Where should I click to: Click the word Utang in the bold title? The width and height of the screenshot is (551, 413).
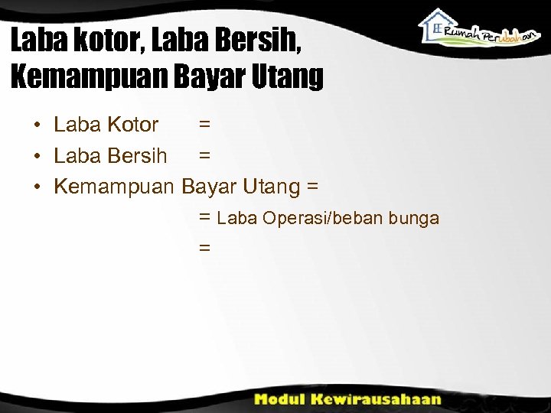(x=290, y=76)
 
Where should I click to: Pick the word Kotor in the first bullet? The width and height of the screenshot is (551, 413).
(x=132, y=125)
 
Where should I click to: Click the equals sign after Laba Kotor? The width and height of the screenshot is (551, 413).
(x=204, y=125)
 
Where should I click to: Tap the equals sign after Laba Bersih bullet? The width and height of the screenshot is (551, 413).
(x=204, y=156)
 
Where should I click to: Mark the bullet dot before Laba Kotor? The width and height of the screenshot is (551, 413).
(x=37, y=125)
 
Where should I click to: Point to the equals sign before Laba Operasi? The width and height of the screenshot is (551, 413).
(x=204, y=218)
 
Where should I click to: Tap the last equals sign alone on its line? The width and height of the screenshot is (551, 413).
(x=204, y=248)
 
